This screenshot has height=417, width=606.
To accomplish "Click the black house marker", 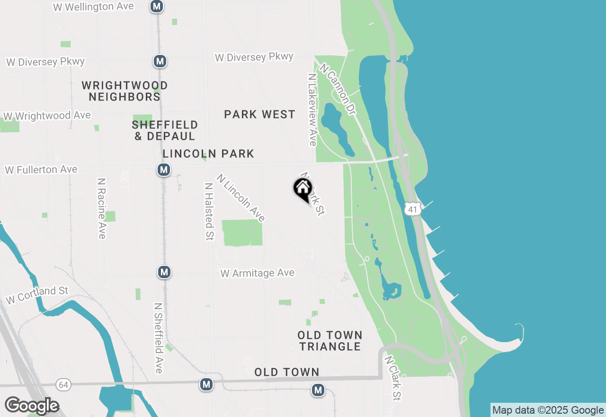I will coord(303,189).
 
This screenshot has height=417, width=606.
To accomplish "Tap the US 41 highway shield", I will coord(413,208).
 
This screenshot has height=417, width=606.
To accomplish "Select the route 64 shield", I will coord(63,384).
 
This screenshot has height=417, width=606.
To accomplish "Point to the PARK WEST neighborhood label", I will coord(259,114).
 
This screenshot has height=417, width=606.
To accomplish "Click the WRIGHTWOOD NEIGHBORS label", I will coord(125,91).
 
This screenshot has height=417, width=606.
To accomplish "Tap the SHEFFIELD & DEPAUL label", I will coord(165,130).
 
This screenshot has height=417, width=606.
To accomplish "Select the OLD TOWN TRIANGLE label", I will coord(330,341).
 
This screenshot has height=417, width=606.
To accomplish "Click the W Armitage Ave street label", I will coord(258,273).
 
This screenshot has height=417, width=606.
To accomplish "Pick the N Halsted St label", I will coord(208,211).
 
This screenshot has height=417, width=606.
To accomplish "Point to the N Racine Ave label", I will coord(101,208).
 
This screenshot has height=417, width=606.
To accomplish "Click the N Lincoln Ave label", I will coord(241,198).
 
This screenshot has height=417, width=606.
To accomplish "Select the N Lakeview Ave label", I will coord(312,109).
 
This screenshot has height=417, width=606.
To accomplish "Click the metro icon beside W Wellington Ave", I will coord(157,7).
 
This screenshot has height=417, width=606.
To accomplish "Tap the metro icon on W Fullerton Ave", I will coord(163,170).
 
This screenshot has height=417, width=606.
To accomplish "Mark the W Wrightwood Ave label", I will coord(47,116).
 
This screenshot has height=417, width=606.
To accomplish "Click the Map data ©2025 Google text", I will coord(548,410).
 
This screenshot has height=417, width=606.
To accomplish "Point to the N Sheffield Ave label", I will coord(159,338).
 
